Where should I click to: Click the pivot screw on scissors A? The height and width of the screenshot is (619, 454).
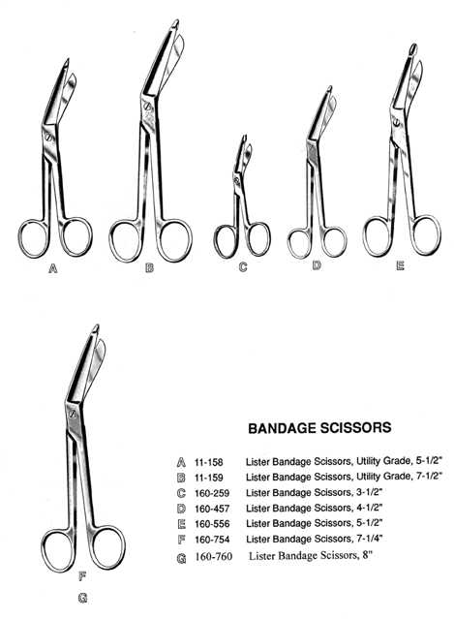click(48, 138)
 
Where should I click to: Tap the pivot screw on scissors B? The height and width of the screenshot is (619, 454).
click(147, 107)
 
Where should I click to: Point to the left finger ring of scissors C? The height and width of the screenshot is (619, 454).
click(226, 240)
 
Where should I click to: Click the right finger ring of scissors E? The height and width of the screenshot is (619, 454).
click(425, 234)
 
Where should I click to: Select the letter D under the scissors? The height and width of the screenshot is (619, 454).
click(317, 265)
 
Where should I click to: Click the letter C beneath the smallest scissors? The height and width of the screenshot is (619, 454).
click(243, 267)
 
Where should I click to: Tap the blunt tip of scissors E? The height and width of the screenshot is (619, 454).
click(412, 49)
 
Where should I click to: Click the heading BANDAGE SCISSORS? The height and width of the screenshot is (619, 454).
click(319, 427)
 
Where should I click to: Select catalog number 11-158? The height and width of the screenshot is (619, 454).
click(208, 462)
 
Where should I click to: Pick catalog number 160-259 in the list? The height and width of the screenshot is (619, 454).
click(212, 493)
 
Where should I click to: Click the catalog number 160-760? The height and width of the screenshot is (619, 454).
click(213, 557)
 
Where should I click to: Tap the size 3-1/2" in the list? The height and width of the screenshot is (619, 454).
click(369, 492)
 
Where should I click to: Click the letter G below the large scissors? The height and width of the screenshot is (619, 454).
click(82, 599)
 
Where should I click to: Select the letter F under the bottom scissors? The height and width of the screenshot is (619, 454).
click(82, 576)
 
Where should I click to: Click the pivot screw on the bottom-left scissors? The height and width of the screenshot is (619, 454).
click(73, 415)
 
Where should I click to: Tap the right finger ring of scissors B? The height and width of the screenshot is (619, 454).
click(175, 240)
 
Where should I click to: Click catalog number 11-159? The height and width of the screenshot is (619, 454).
click(208, 478)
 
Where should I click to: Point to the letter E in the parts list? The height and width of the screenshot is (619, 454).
click(181, 524)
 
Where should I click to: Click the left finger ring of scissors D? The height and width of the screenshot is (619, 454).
click(300, 242)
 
